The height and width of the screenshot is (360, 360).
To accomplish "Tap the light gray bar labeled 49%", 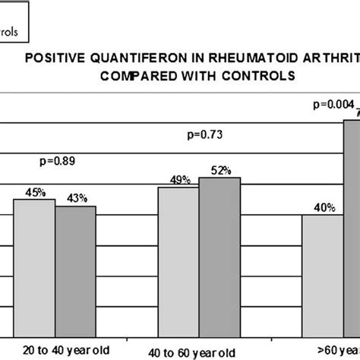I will [178, 258].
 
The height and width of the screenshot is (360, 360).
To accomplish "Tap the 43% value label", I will [75, 197].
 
